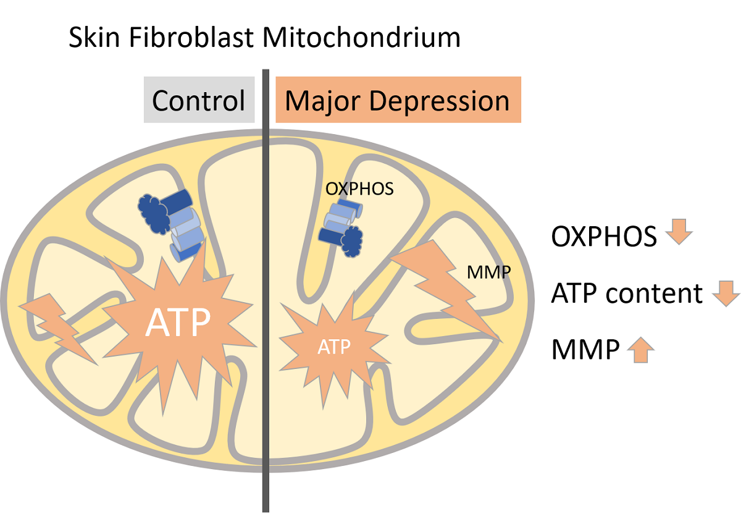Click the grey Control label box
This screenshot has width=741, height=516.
pos(199,100)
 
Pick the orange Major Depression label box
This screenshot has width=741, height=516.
pos(398,100)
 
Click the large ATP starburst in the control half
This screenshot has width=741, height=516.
pos(178,321)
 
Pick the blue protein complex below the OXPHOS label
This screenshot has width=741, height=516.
pos(341,227)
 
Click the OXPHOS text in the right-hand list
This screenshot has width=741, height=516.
pos(603,236)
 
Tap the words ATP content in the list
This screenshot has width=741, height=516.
pos(626,294)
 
